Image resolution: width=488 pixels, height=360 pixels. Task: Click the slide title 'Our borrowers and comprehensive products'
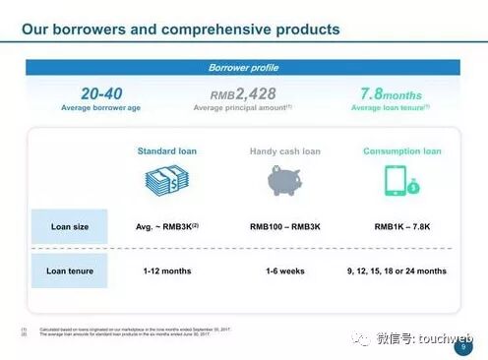[181, 30]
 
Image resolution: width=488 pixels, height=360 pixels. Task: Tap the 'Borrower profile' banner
[243, 68]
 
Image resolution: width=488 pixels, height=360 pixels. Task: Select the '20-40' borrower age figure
[101, 93]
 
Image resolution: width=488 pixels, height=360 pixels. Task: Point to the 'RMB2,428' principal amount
[243, 94]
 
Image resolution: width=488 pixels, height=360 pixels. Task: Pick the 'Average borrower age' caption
[101, 107]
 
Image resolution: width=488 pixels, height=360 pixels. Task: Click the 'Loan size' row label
[69, 226]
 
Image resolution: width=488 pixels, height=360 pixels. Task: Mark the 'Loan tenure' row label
[69, 270]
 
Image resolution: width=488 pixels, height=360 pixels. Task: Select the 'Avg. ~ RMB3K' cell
[166, 226]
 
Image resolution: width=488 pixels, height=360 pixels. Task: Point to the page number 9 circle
[462, 346]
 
